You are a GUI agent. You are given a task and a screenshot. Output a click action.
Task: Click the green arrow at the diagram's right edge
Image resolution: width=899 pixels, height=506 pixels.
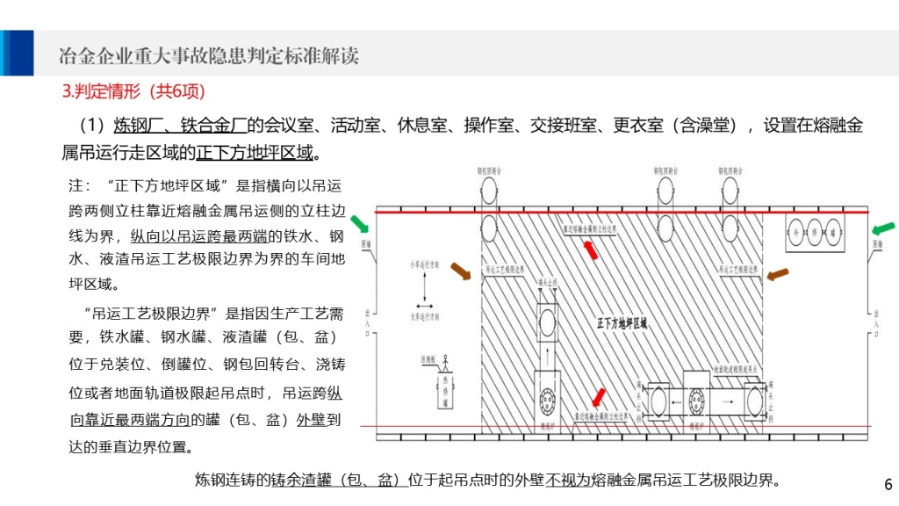point(883,230)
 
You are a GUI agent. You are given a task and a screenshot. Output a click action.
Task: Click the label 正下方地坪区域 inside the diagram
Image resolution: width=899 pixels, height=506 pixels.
point(622,322)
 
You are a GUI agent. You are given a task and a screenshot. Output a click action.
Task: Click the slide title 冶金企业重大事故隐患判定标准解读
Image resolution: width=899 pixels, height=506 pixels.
point(208,56)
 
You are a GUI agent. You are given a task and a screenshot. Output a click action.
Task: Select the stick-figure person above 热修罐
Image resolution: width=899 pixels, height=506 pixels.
point(445,361)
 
